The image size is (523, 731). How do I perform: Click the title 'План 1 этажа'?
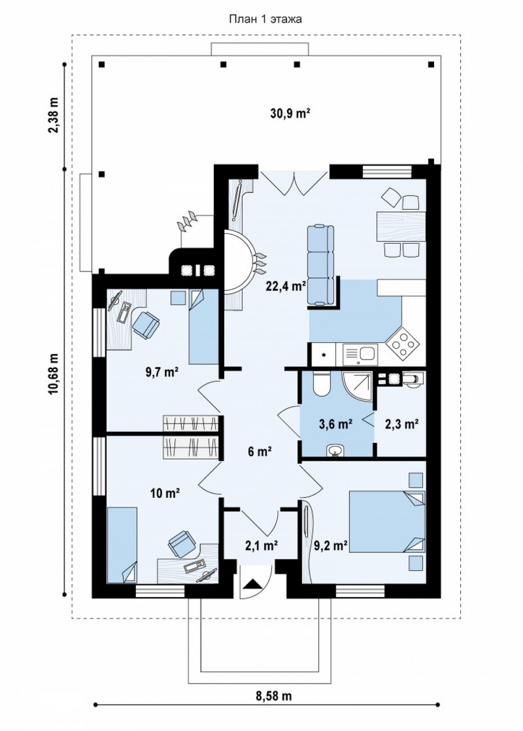click(x=265, y=19)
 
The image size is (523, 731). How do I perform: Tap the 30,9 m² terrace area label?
click(x=290, y=113)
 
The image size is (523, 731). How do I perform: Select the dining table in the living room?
click(x=401, y=226)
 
